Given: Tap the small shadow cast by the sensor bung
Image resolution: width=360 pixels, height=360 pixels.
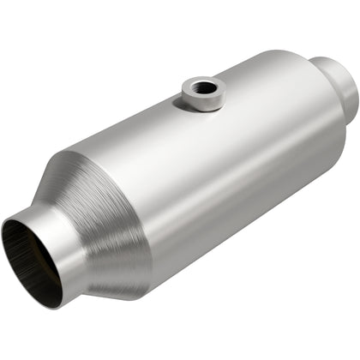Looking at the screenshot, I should pos(184,111).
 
